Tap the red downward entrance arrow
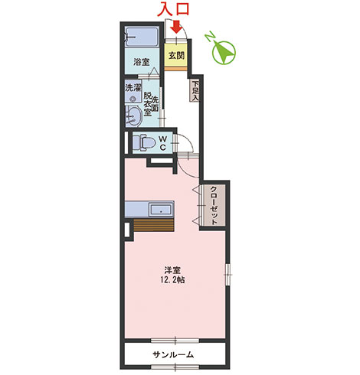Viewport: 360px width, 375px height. tap(176, 27)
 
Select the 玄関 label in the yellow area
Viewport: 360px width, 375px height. tap(176, 55)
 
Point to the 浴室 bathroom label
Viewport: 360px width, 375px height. tap(142, 62)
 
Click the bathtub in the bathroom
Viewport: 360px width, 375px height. tap(142, 37)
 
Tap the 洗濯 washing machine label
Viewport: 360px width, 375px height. tap(133, 88)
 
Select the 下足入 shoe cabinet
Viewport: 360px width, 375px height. tap(195, 90)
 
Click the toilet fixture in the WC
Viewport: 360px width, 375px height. tap(144, 142)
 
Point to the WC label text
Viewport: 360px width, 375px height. tap(163, 143)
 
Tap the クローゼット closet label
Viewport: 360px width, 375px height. tap(214, 206)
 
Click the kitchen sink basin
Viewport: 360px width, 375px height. tap(161, 210)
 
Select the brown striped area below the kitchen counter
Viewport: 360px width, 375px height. tap(154, 225)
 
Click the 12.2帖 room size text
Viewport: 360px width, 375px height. tap(173, 280)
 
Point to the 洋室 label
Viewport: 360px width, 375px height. tap(173, 270)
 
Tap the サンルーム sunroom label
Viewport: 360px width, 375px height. tap(173, 354)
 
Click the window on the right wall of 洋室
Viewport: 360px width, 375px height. tap(227, 275)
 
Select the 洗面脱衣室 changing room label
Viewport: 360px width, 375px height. tap(151, 104)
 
